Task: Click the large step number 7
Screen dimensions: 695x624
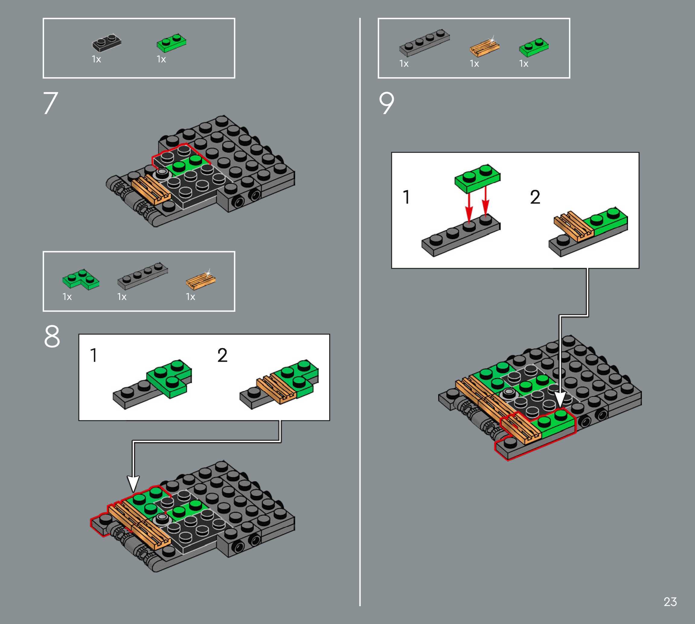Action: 51,103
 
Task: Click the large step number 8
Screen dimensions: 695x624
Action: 52,336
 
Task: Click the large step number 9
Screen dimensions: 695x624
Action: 387,103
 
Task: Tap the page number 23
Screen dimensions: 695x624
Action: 670,602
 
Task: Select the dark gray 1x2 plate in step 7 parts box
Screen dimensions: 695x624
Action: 107,43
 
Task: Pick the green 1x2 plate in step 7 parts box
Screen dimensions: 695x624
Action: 172,43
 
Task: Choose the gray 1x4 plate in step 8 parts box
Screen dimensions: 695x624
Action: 142,276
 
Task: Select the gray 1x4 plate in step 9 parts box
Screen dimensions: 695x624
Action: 424,43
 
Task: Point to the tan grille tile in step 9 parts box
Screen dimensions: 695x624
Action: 485,47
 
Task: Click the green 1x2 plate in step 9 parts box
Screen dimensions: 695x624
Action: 534,47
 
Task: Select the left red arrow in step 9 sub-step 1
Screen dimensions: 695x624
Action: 469,206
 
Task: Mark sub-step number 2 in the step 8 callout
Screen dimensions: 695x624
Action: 222,355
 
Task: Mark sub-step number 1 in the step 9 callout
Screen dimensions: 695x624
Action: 406,197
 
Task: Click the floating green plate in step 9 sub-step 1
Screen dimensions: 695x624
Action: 477,179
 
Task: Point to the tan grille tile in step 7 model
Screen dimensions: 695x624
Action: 151,190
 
